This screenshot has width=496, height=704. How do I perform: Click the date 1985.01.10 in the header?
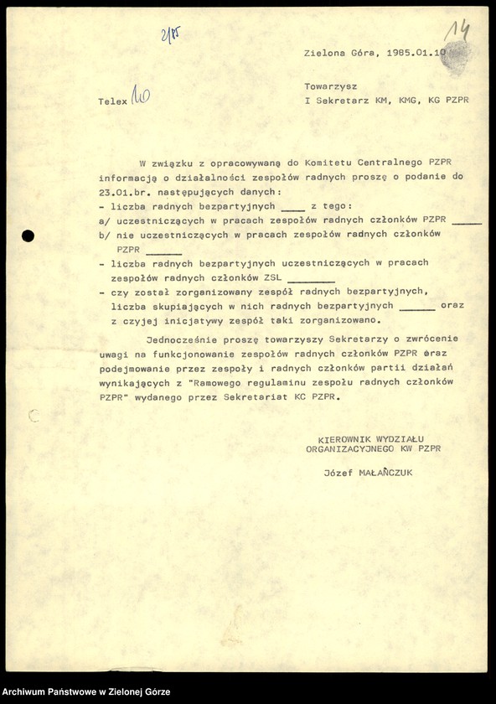point(419,52)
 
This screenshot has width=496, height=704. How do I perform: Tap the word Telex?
point(112,101)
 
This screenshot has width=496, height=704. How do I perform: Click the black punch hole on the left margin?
point(28,236)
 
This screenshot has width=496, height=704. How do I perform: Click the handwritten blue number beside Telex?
point(140,99)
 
